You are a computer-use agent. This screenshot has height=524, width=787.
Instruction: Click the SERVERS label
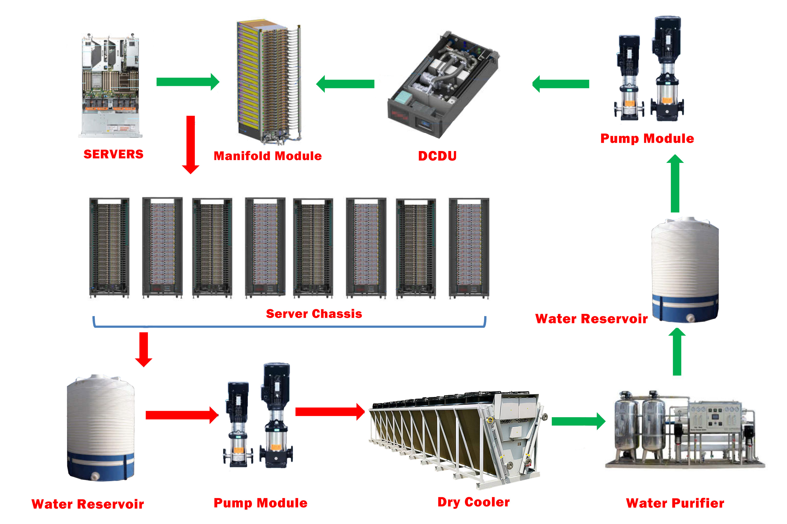tap(113, 154)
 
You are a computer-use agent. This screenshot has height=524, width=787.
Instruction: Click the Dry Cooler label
tap(473, 502)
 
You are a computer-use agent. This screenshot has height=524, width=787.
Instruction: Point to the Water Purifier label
tap(675, 503)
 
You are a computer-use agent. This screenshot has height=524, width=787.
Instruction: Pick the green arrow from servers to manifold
tap(187, 82)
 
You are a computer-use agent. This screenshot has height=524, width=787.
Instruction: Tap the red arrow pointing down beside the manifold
tap(190, 144)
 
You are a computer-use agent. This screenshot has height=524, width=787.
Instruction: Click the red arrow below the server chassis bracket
tap(144, 349)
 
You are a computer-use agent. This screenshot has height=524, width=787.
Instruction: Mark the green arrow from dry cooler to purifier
tap(578, 421)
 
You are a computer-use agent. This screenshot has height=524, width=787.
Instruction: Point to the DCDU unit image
tap(443, 85)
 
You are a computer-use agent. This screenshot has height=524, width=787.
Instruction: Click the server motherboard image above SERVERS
tap(110, 85)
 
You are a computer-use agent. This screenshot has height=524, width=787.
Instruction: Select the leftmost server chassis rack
tap(109, 247)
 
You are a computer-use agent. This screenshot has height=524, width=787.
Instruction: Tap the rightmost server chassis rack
tap(469, 247)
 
